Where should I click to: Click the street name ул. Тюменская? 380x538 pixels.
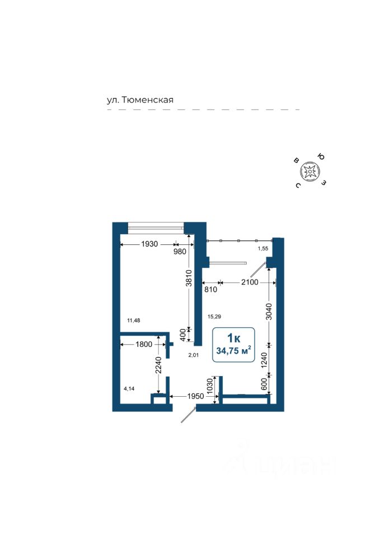(140, 100)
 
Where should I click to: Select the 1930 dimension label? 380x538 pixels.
(149, 244)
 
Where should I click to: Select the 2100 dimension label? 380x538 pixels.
(250, 282)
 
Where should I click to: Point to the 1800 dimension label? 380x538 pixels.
(144, 344)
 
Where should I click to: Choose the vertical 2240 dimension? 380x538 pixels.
(158, 365)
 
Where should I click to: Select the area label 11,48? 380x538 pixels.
(133, 320)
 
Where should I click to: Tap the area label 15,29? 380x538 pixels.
(214, 317)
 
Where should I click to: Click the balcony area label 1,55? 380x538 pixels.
(263, 248)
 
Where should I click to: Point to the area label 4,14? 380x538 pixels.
(130, 388)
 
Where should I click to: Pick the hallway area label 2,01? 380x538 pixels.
(194, 355)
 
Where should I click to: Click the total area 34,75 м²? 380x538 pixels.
(233, 351)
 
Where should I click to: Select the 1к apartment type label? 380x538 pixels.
(233, 337)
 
